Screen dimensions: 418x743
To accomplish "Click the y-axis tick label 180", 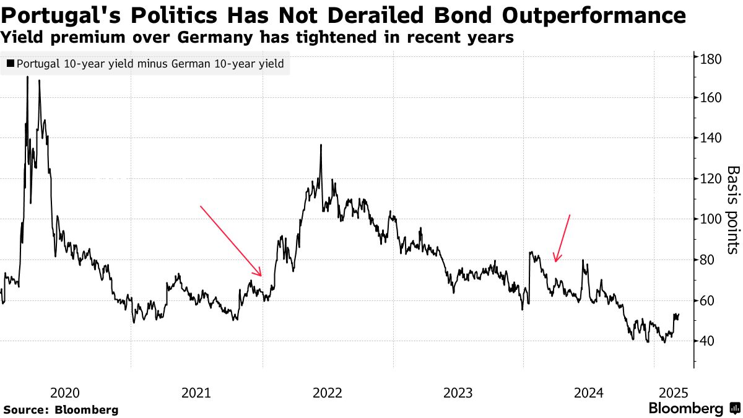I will pos(710,59).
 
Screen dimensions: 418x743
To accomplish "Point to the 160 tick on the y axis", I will pos(710,98).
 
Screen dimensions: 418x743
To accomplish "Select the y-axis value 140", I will pos(710,138).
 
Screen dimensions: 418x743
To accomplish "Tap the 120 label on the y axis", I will pos(710,179).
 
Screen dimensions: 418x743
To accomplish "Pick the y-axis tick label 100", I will pos(710,219).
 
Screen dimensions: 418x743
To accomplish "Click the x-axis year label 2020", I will pos(65,393).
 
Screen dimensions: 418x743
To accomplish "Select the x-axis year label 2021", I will pos(196,393).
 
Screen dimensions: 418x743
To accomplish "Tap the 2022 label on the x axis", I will pos(328,393).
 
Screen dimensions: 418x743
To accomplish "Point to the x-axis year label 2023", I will pos(459,393).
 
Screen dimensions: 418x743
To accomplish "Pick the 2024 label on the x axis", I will pos(589,393).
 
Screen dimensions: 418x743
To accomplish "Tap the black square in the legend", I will pos(11,63).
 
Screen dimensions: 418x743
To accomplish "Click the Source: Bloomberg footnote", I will pos(61,410).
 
